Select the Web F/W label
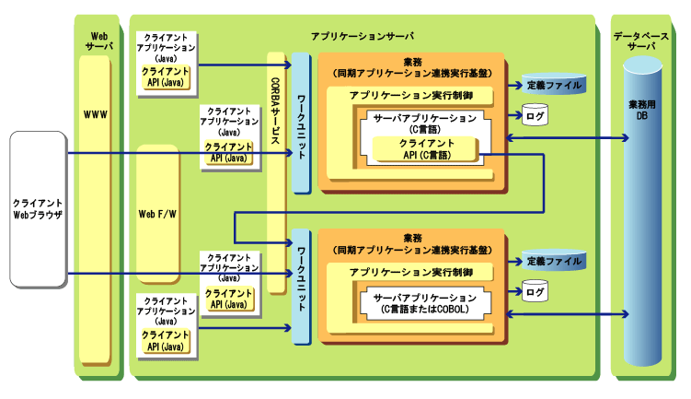pos(157,214)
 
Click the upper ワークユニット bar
pos(301,124)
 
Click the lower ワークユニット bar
pos(301,286)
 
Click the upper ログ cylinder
pos(535,114)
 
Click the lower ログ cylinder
pos(535,292)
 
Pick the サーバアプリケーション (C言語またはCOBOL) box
pos(424,303)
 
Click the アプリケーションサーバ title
pos(362,34)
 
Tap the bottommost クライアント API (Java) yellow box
pos(166,340)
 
